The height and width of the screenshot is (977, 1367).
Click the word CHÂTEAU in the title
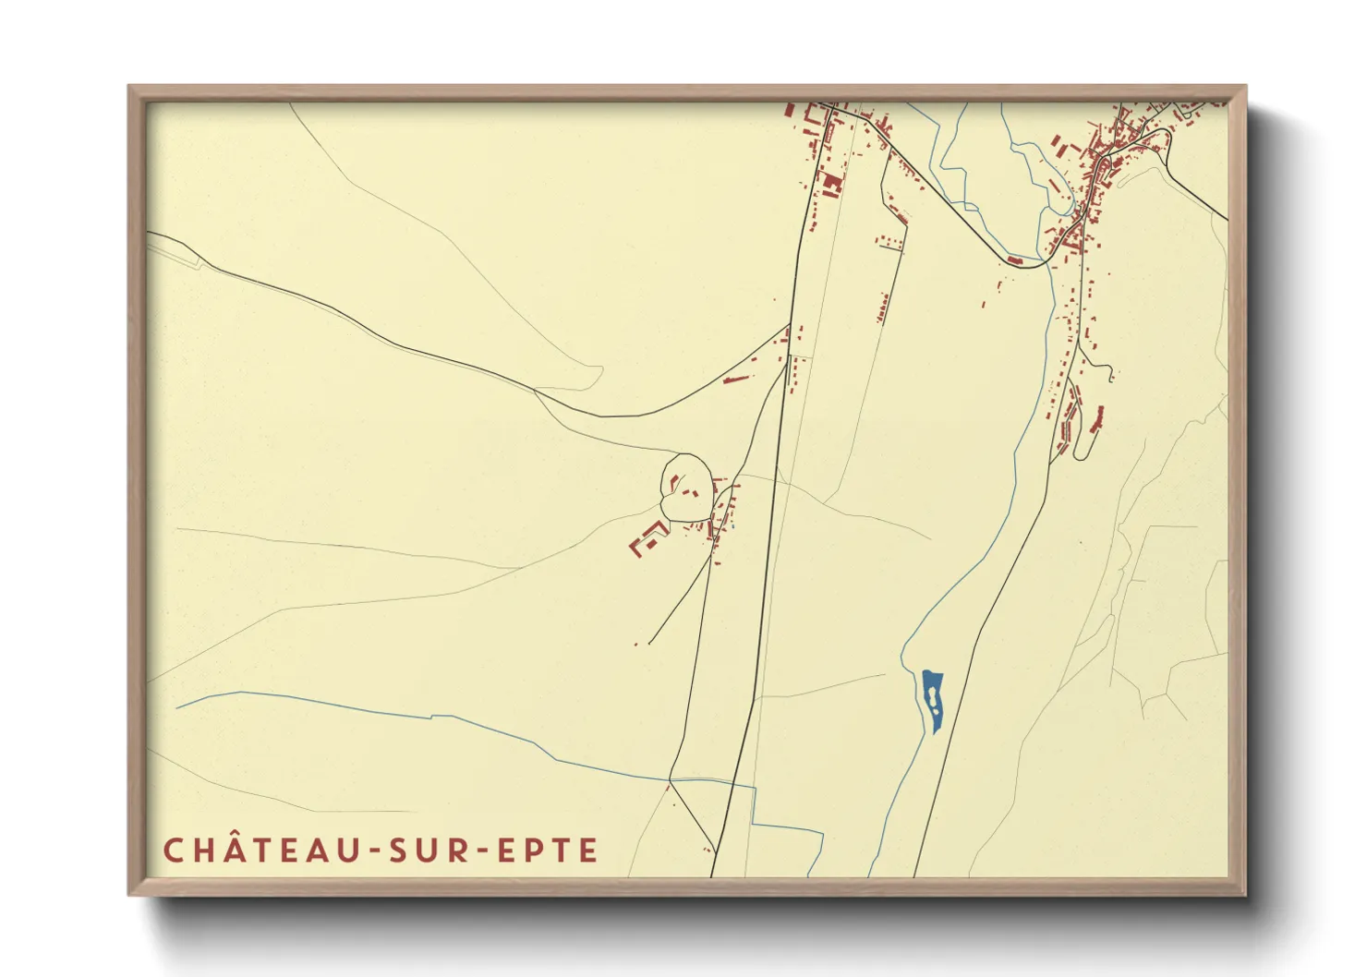coord(256,850)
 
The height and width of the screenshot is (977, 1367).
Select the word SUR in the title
coord(422,850)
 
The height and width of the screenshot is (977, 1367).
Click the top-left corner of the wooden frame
coord(129,87)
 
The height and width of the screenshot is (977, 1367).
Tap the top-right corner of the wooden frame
coord(1245,87)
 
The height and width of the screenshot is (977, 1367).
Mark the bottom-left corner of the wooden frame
coord(129,894)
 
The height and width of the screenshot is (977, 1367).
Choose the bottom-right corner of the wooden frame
coord(1245,894)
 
